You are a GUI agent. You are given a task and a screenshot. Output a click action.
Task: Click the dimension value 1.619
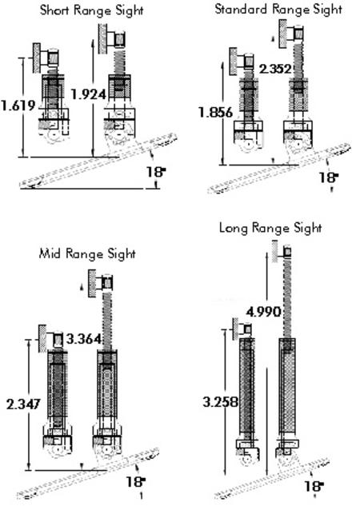point(18,106)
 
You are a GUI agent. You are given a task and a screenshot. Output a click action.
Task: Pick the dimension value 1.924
point(89,94)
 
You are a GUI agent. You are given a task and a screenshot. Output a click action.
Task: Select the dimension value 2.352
point(276,69)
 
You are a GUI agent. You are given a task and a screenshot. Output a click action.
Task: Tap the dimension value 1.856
point(215,112)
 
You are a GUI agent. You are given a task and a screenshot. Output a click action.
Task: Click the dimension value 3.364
point(84,339)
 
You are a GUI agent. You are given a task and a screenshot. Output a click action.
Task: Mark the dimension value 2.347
point(23,404)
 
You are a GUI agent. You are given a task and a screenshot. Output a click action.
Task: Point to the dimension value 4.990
point(263,312)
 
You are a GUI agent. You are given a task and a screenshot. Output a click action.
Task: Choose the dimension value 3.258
point(221,402)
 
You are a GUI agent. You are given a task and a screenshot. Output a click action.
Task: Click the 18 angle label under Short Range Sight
point(156,172)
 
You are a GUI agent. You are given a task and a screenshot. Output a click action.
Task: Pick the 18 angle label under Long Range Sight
point(314,486)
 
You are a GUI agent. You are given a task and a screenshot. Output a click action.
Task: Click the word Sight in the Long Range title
point(308,229)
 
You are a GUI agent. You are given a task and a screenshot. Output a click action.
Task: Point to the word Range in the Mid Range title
point(85,253)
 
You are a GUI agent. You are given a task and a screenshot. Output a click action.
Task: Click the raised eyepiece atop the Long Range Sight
point(282,252)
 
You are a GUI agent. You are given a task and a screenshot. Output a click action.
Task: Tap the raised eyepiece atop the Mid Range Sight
point(101,284)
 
